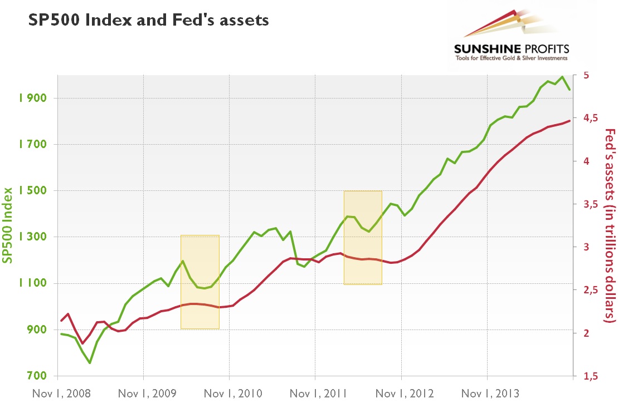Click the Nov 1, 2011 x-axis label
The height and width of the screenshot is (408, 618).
pyautogui.click(x=315, y=394)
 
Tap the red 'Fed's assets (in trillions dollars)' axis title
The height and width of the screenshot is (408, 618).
pyautogui.click(x=610, y=225)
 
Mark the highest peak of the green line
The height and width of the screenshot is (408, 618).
pyautogui.click(x=562, y=77)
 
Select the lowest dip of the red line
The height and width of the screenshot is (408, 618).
pyautogui.click(x=82, y=343)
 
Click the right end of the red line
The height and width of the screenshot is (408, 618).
pyautogui.click(x=569, y=120)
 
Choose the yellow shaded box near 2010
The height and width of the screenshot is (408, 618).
pyautogui.click(x=200, y=282)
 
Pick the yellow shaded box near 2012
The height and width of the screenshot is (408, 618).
pyautogui.click(x=363, y=238)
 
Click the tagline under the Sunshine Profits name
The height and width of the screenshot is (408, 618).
pyautogui.click(x=512, y=58)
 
